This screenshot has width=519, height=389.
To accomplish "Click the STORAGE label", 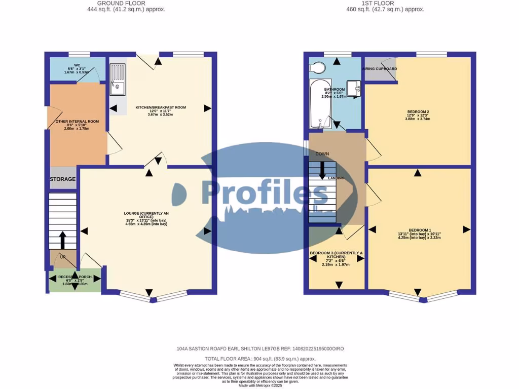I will click(62, 179).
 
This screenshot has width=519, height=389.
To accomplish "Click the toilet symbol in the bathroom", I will click(318, 68).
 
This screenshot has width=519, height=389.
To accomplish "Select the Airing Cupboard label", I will click(380, 69).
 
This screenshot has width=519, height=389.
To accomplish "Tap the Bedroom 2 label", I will click(418, 114).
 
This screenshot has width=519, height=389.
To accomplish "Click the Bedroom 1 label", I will click(419, 233).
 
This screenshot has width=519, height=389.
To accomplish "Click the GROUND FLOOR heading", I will click(126, 3).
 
